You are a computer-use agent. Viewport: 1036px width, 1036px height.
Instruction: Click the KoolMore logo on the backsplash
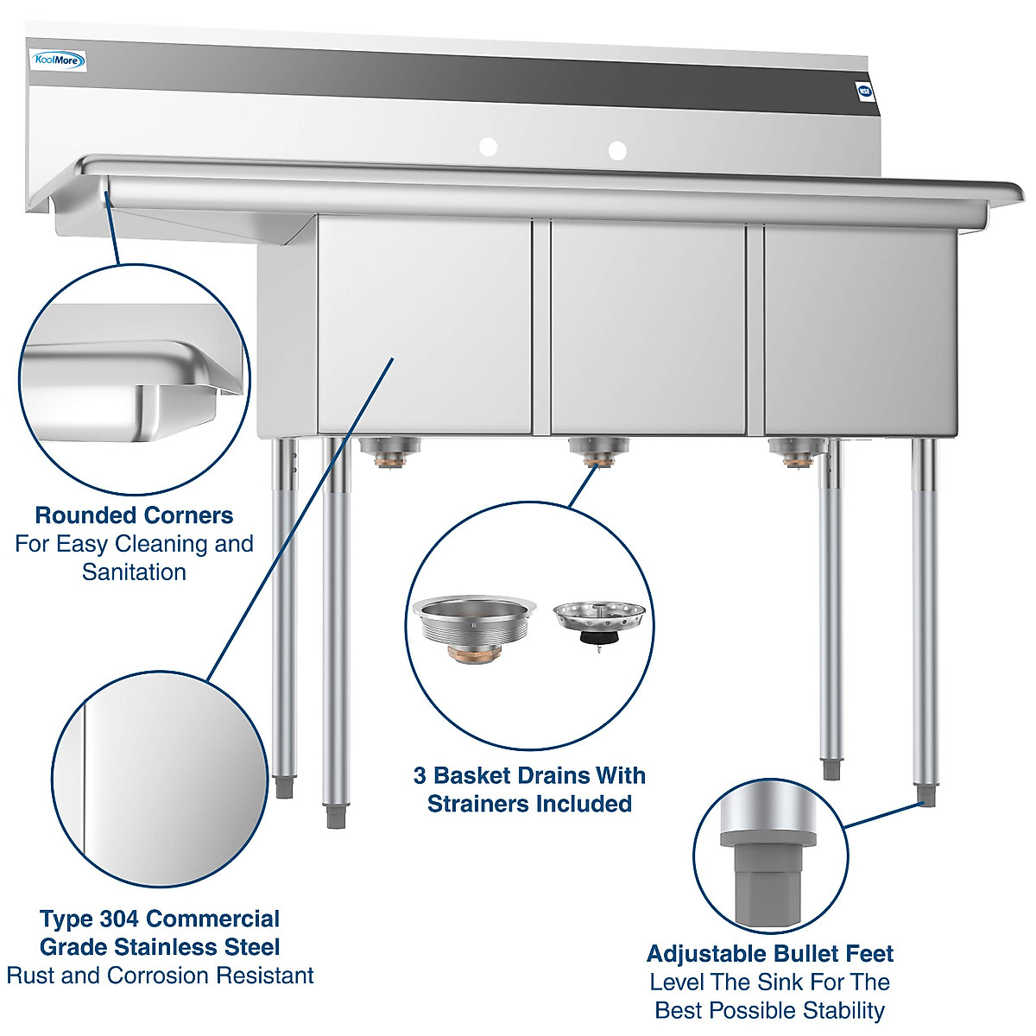point(58,60)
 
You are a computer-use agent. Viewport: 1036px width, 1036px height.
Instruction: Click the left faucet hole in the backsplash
point(488,147)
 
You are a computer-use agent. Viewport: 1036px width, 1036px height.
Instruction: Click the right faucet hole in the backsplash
point(616,151)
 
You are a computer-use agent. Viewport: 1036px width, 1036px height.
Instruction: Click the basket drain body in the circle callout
point(473,627)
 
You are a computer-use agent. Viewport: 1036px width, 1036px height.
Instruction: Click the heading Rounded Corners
point(134,515)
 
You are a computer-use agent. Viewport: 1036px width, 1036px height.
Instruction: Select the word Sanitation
point(134,572)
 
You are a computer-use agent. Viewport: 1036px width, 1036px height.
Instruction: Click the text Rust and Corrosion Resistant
point(160,976)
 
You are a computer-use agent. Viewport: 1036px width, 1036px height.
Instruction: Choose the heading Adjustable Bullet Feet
point(769,954)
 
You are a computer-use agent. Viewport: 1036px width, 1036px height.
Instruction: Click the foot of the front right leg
point(925,795)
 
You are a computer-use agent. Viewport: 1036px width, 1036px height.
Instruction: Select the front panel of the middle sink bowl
point(647,328)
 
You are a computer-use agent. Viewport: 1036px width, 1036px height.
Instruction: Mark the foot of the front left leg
point(336,815)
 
